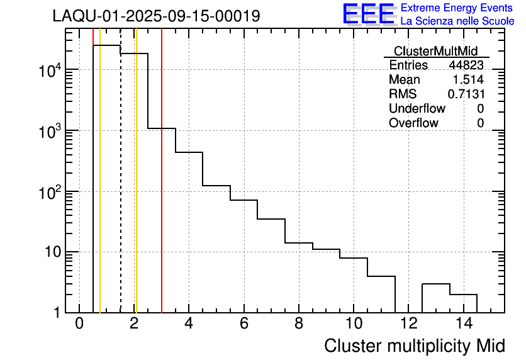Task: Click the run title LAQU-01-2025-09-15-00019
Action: (156, 16)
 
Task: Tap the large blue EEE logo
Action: (368, 14)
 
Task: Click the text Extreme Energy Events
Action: (457, 8)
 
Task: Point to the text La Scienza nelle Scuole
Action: (457, 21)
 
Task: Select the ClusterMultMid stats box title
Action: (435, 51)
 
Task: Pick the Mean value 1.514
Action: (468, 80)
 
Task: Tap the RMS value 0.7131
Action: (466, 94)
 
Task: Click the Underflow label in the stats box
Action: (413, 109)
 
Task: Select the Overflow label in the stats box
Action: (413, 123)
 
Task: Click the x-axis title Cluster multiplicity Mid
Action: (414, 346)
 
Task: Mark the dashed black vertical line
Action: (121, 189)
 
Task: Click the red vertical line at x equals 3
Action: (162, 189)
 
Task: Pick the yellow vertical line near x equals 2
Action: (136, 189)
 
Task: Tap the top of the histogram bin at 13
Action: (435, 284)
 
